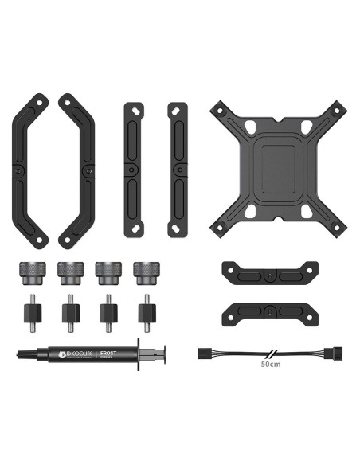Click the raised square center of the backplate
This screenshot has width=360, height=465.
click(279, 169)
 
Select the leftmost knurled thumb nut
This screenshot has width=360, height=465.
click(27, 274)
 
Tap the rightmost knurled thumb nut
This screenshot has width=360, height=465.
click(146, 274)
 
